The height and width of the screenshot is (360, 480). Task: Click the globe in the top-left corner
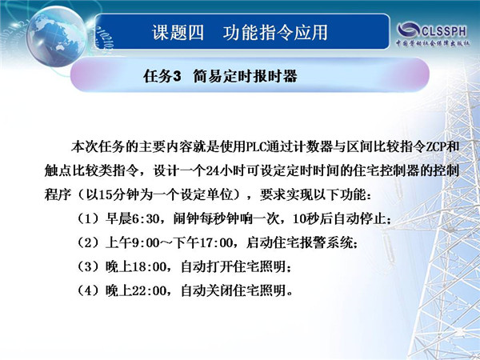click(x=56, y=37)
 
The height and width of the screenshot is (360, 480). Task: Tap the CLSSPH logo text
click(x=444, y=31)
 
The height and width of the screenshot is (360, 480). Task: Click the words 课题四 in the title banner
click(x=178, y=33)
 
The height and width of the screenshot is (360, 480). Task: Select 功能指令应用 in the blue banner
click(x=275, y=33)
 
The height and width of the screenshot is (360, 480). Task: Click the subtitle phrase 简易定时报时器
click(x=246, y=76)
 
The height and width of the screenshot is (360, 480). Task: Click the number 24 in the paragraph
click(x=213, y=171)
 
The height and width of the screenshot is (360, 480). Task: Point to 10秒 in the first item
click(x=306, y=219)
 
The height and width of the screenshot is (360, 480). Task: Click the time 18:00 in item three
click(x=149, y=267)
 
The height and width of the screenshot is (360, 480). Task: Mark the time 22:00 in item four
click(x=149, y=291)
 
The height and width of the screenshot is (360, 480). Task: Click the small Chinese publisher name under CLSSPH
click(x=433, y=43)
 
